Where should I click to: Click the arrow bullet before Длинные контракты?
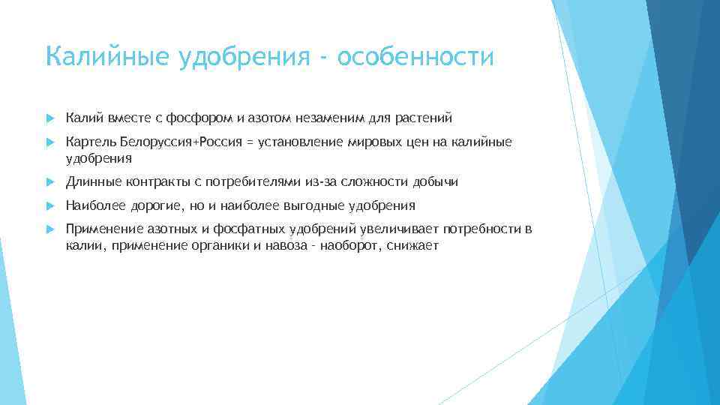49,182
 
